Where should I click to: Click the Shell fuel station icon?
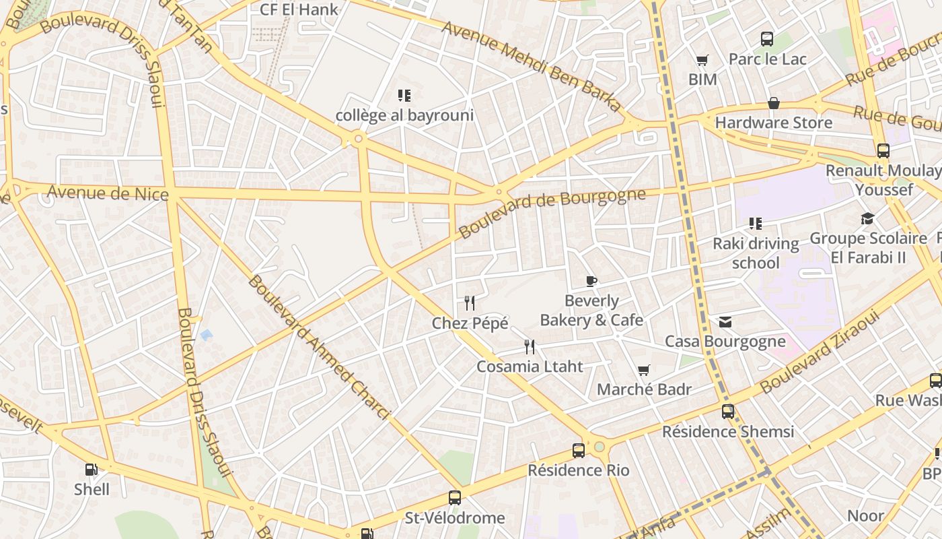91,470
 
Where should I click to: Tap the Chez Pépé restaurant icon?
470,303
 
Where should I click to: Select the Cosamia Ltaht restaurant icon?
530,347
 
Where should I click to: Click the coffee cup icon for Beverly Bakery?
591,281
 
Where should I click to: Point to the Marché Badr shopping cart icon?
644,370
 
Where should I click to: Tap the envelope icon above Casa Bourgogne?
725,322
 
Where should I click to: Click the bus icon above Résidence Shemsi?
728,412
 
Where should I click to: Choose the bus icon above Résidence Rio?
579,451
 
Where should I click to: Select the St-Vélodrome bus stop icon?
455,498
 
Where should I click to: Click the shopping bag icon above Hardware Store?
774,103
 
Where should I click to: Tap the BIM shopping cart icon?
702,61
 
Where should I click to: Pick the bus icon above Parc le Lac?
767,39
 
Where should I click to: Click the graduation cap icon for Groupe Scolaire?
867,218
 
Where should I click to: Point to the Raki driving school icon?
756,223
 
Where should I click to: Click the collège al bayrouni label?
404,115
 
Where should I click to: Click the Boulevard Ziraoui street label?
820,351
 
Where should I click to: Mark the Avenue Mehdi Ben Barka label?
532,66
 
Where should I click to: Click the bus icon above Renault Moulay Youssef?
883,151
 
